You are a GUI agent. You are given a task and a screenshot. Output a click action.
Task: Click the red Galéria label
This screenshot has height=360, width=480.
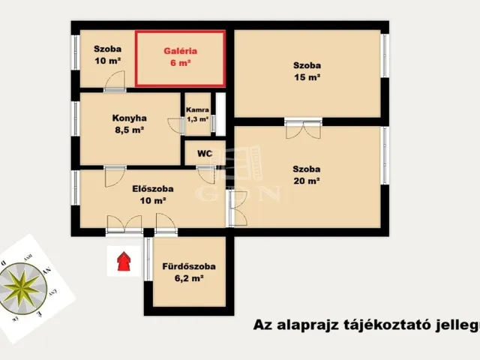point(180,52)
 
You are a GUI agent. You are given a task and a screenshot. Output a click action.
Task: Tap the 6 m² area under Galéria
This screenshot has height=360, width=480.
point(180,64)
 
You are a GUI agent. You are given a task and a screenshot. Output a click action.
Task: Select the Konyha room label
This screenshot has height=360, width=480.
point(129,118)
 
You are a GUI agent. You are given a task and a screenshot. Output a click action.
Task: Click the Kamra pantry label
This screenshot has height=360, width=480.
point(197,109)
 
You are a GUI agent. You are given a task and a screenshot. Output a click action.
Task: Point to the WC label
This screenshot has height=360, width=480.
point(205,154)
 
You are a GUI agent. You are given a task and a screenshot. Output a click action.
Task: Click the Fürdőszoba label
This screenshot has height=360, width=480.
point(189,266)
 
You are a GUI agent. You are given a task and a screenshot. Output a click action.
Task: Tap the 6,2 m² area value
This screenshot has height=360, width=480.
point(189,278)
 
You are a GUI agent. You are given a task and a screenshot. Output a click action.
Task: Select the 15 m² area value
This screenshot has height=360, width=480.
point(307,76)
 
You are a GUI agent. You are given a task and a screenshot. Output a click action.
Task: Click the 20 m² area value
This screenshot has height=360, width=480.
point(307,181)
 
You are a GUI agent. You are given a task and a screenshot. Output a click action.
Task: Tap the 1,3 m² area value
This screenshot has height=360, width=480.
point(197,118)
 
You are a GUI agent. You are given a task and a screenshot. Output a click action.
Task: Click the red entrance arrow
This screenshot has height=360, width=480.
point(123,261)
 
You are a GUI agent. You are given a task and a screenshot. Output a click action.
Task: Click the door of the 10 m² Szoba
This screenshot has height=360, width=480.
point(115,81)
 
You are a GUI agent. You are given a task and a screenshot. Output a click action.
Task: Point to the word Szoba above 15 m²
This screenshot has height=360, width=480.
point(307,64)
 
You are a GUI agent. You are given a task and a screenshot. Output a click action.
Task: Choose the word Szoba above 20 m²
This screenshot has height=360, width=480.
point(307,169)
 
